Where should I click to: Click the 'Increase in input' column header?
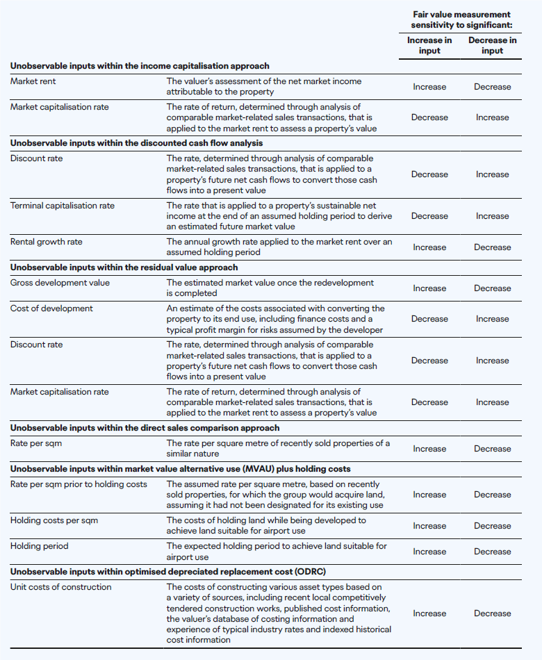pos(429,45)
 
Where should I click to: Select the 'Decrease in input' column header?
pos(492,45)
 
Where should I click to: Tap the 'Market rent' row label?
pos(33,81)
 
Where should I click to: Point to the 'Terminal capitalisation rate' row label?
pos(63,206)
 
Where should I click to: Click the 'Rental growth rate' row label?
pos(46,242)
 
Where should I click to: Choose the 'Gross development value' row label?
pos(60,283)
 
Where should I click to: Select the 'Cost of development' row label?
pos(51,308)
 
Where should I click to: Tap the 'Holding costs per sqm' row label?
pos(54,520)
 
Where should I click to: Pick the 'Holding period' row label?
pos(40,546)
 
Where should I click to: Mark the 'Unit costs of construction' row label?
pos(60,587)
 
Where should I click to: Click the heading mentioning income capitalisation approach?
pos(140,66)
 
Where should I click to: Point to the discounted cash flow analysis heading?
pos(136,143)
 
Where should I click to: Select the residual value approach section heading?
pos(124,267)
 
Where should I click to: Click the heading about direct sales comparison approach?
pos(145,428)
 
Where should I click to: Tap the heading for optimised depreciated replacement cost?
pos(167,572)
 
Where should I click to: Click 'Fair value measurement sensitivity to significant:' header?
pos(461,19)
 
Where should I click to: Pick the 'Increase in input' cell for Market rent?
pos(429,87)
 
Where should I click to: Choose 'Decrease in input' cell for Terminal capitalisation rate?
pos(492,216)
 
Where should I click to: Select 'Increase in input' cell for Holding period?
pos(429,552)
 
